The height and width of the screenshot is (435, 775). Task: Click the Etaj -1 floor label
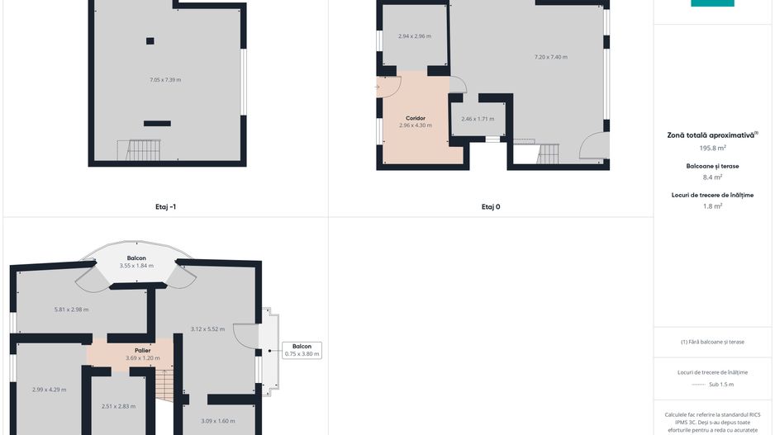point(165,207)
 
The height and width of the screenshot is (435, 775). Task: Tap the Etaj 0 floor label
point(491,207)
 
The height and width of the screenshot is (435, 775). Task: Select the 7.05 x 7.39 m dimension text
point(165,80)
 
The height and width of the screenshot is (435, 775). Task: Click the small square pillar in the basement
point(150,41)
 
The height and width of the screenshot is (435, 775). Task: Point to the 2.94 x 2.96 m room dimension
point(415,36)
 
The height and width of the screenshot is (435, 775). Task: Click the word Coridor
point(415,118)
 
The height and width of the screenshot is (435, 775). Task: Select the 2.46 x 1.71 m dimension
point(478,119)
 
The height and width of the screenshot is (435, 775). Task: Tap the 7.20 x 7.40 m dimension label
point(550,57)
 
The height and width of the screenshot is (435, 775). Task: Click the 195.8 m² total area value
point(712,148)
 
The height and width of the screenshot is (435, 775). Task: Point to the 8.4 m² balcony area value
point(712,177)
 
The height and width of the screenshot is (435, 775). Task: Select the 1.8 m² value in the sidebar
point(712,206)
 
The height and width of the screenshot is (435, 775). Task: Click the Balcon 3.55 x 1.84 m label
point(136,262)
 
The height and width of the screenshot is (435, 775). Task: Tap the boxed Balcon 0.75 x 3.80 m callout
point(302,350)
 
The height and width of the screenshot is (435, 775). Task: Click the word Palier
point(142,351)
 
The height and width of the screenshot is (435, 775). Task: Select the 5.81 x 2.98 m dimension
point(72,310)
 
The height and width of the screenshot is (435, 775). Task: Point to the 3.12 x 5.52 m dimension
point(207,329)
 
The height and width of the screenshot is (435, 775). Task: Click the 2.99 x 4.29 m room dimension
point(49,390)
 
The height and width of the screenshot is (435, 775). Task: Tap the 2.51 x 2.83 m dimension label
point(119,407)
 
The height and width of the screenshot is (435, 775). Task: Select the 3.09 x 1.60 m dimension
point(218,421)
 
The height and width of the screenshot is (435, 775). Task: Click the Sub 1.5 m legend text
point(721,385)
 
